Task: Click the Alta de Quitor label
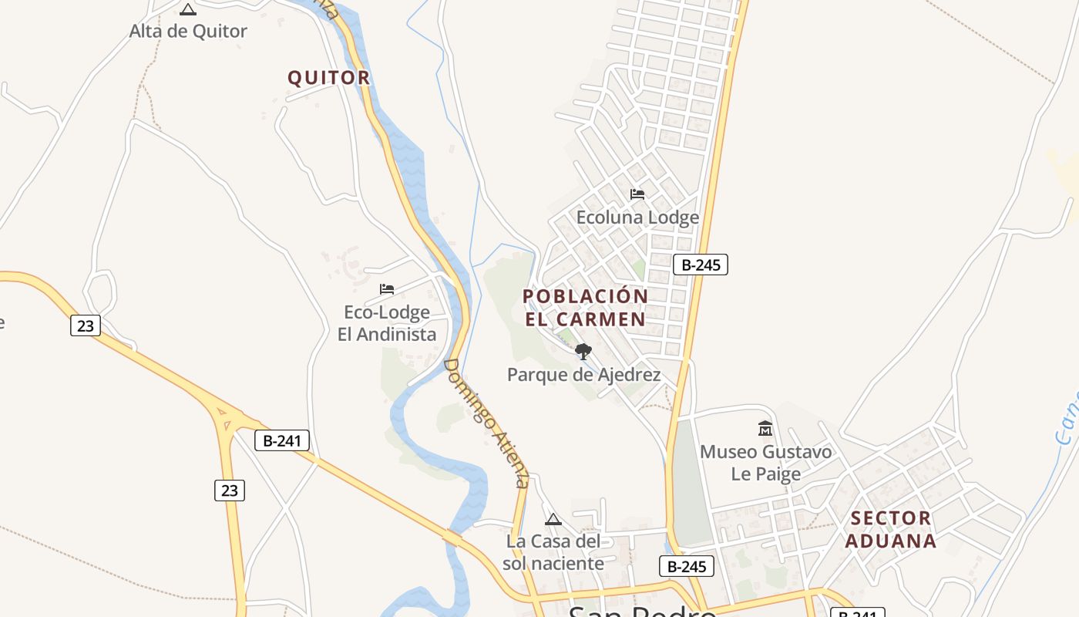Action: (188, 32)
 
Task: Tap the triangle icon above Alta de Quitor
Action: (187, 10)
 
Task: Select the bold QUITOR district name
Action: (329, 78)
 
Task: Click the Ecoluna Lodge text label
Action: (637, 217)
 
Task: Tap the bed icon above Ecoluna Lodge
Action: (637, 194)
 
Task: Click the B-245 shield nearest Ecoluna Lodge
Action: (700, 265)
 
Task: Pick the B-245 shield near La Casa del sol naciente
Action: (686, 566)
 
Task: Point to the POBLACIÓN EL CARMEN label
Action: (586, 308)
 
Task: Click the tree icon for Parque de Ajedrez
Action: (583, 352)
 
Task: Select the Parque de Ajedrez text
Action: (583, 375)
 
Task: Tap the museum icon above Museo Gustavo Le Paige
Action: (765, 428)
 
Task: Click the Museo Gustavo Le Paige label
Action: (765, 462)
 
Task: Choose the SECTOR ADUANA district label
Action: (890, 529)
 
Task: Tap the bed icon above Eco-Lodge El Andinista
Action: (387, 289)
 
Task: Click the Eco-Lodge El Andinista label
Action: (387, 323)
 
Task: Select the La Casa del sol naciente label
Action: (553, 552)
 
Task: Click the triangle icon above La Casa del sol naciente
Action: (553, 519)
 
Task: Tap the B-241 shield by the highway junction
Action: (282, 441)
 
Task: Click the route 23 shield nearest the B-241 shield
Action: (229, 490)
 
